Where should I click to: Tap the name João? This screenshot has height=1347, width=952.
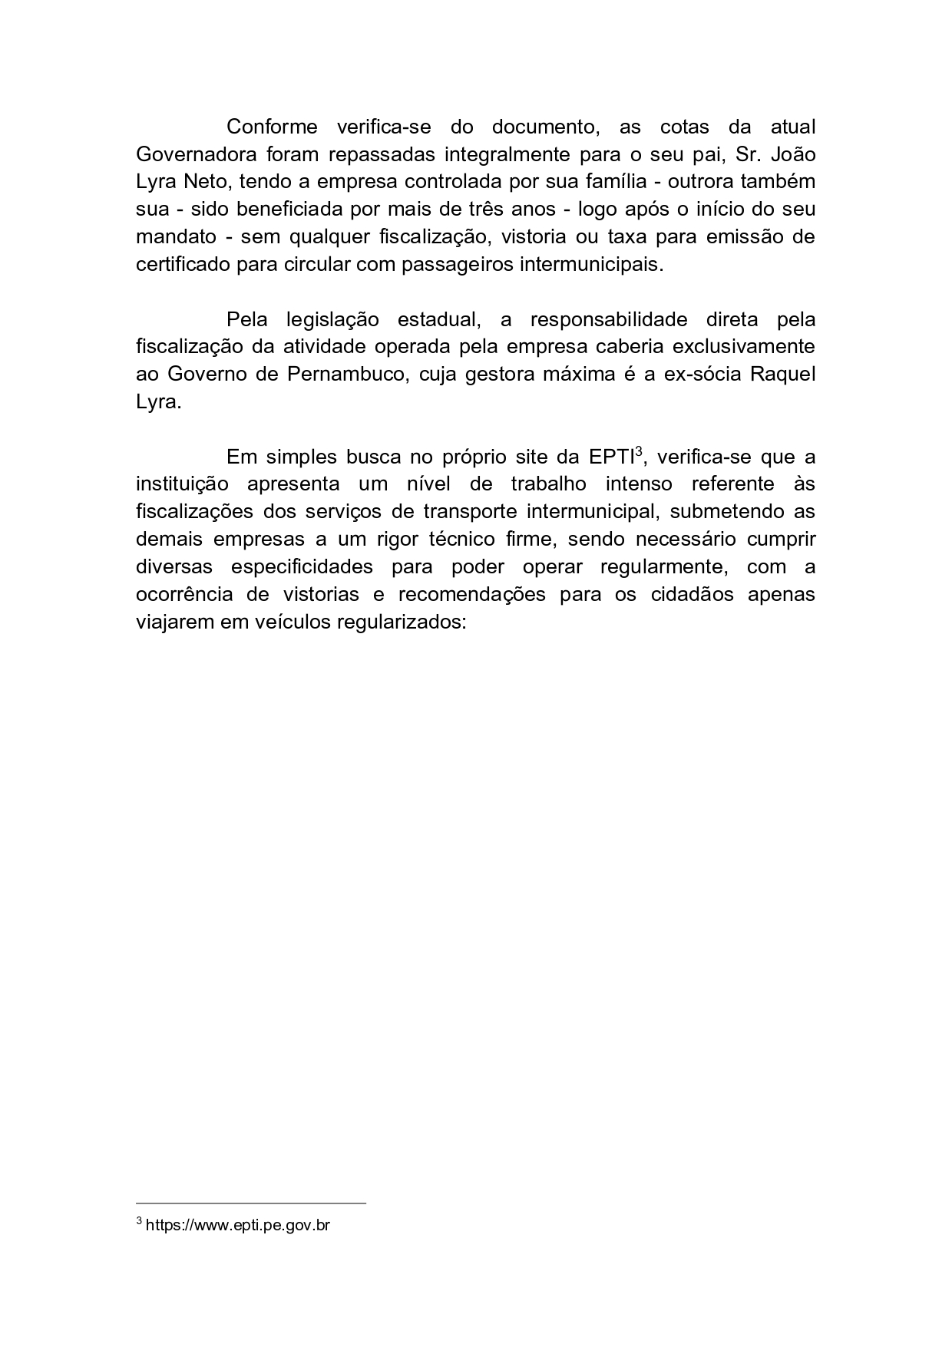pos(793,154)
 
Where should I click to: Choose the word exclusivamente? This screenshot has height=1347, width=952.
pos(743,346)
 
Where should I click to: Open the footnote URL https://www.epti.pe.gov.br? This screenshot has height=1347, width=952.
pos(237,1225)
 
